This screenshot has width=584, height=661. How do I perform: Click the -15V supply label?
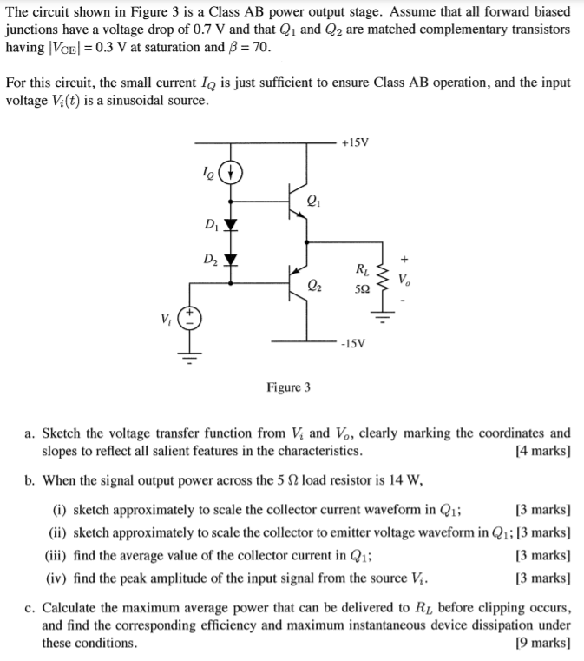tap(356, 343)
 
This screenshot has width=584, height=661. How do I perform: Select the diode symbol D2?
tap(229, 260)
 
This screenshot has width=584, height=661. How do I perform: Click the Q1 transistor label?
tap(313, 204)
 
